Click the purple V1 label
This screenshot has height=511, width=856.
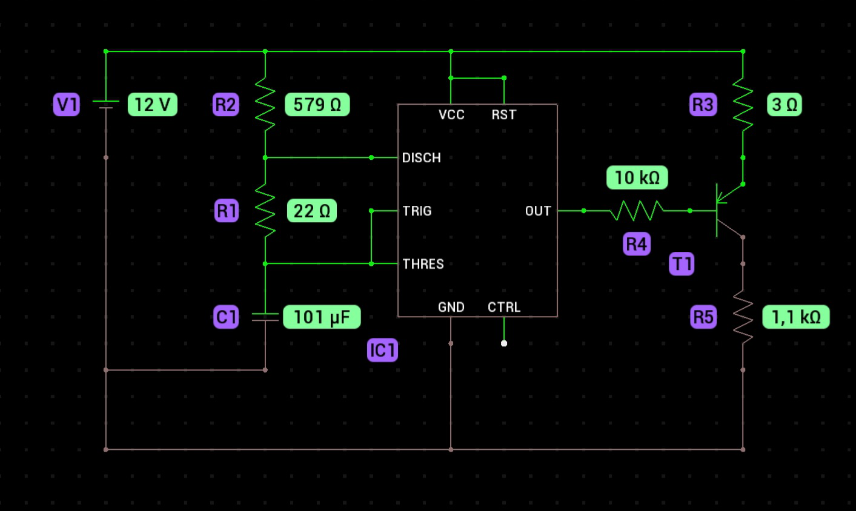pos(67,104)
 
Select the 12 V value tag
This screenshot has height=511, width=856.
pos(153,104)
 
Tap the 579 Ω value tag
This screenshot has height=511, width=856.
pos(317,104)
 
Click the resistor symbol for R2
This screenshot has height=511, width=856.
pos(265,104)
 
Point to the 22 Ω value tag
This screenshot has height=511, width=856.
pos(312,211)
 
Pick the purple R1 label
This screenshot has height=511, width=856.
pos(227,211)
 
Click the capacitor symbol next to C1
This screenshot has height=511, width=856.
pos(265,317)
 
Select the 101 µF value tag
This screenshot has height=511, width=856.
pos(322,317)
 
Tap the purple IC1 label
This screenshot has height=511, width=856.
pos(382,350)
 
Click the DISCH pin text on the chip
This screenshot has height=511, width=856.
pos(422,158)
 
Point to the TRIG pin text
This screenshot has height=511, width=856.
pos(417,211)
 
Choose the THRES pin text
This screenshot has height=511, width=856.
pos(423,264)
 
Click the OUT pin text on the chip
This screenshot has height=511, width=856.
pos(538,211)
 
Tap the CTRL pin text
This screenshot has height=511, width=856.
pos(504,307)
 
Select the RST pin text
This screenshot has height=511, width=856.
pos(504,114)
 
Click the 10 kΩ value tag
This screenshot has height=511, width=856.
pos(637,177)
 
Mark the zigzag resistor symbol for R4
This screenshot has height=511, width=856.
pos(637,211)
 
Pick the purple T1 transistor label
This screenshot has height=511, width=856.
pos(682,263)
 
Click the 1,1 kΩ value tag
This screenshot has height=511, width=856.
pos(796,317)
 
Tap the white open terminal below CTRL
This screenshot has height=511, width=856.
pos(504,343)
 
